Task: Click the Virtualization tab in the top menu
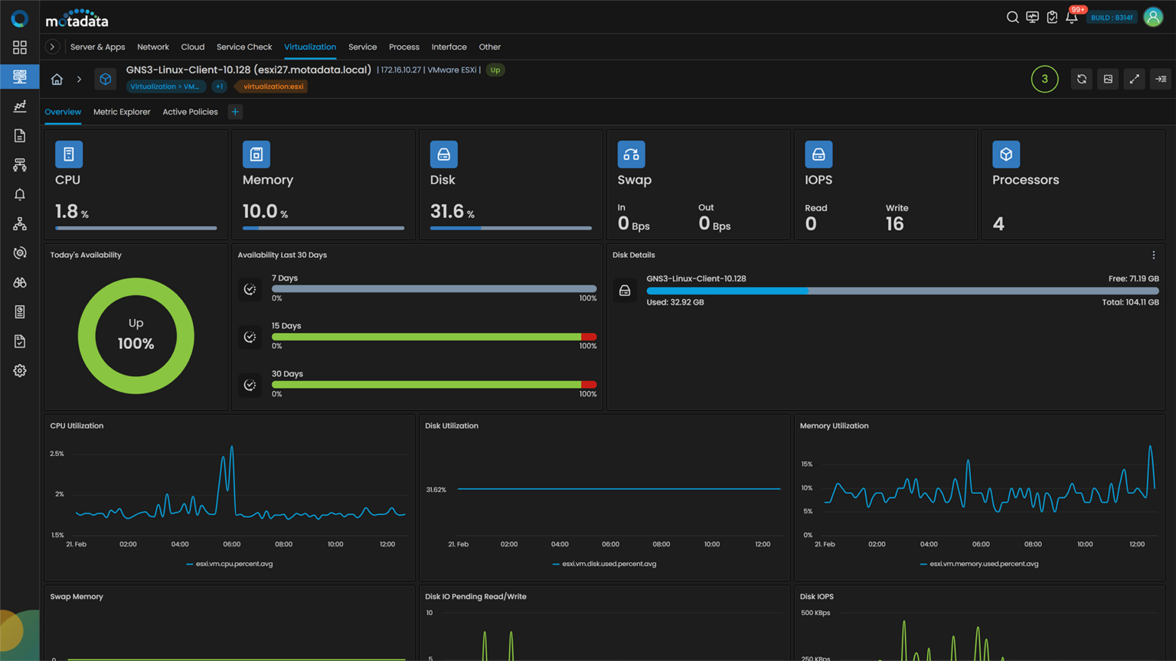pyautogui.click(x=309, y=47)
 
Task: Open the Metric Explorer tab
pyautogui.click(x=122, y=112)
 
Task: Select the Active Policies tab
pyautogui.click(x=190, y=112)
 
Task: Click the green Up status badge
pyautogui.click(x=495, y=70)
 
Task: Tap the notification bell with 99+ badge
pyautogui.click(x=1071, y=17)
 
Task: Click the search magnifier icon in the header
pyautogui.click(x=1012, y=17)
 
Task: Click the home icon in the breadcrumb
pyautogui.click(x=57, y=79)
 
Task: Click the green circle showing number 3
pyautogui.click(x=1044, y=79)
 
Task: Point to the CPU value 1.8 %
pyautogui.click(x=71, y=211)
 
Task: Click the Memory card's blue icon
pyautogui.click(x=256, y=155)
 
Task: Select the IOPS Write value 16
pyautogui.click(x=894, y=223)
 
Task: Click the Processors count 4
pyautogui.click(x=998, y=223)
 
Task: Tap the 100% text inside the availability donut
pyautogui.click(x=136, y=344)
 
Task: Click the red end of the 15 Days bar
pyautogui.click(x=589, y=337)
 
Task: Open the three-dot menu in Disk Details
pyautogui.click(x=1153, y=255)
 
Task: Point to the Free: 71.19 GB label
pyautogui.click(x=1133, y=278)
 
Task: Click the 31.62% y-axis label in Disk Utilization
pyautogui.click(x=436, y=490)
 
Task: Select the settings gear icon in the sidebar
pyautogui.click(x=20, y=370)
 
